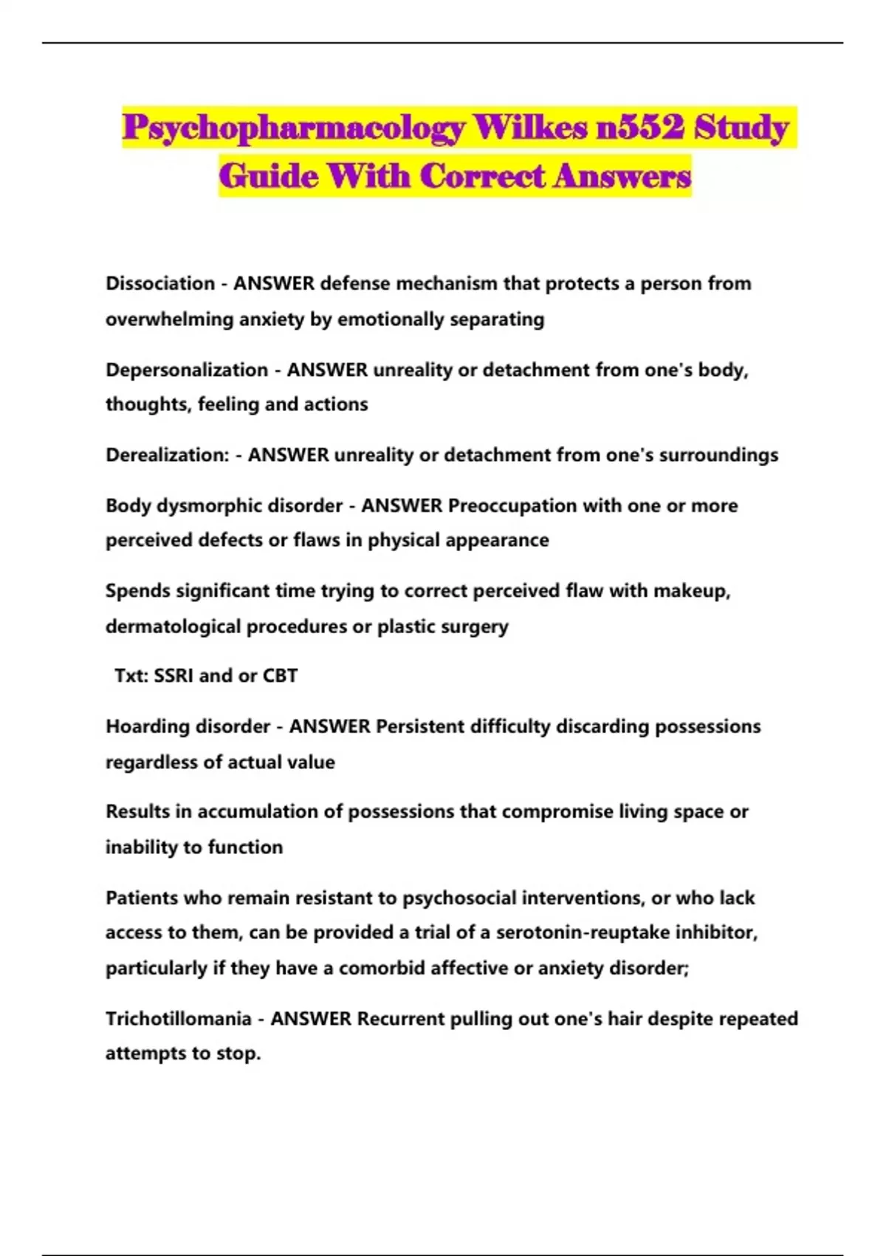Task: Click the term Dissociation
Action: tap(160, 284)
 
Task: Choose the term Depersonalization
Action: tap(187, 369)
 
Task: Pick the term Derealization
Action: tap(168, 455)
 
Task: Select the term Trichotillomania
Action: tap(178, 1019)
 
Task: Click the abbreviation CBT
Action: tap(281, 676)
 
